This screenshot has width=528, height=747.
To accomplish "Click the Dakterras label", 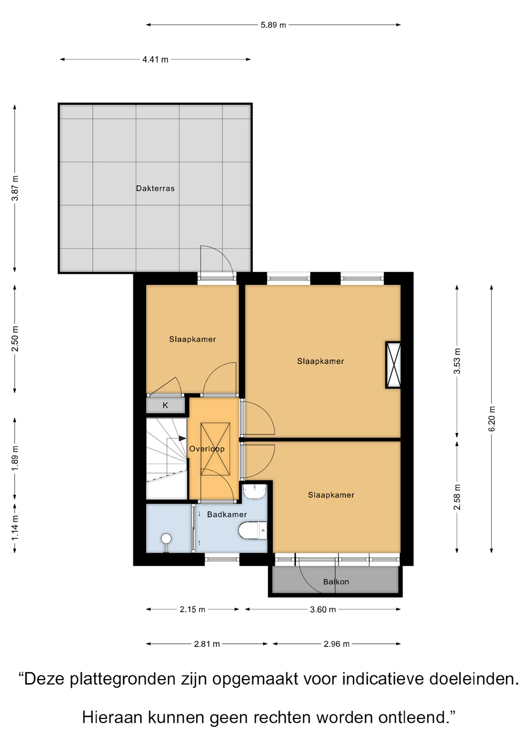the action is pos(155,188).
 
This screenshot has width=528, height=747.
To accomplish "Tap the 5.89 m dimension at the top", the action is pos(273,25).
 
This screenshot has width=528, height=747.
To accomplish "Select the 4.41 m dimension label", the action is pos(155,60).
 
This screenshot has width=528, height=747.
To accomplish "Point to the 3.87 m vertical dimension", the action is pos(15,188).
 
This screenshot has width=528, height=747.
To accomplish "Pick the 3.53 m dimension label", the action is pos(457,361).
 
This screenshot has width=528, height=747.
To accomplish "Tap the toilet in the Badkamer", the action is pos(253,530).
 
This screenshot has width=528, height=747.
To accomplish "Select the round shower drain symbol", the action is pos(166,538).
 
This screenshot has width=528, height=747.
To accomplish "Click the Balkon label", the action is pos(336,582).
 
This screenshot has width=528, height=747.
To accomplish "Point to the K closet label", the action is pos(165,406).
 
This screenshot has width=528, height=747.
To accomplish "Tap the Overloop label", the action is pos(206,449).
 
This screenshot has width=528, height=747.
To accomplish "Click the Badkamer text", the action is pos(227,515).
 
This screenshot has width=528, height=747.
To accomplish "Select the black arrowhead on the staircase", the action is pos(183,438).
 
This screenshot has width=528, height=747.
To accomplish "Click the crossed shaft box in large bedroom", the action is pos(393,365).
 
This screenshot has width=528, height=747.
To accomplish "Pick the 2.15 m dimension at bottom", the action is pos(192,609).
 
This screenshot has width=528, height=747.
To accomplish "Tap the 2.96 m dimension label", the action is pos(336,644).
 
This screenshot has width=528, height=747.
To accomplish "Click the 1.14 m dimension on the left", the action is pos(15,528).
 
